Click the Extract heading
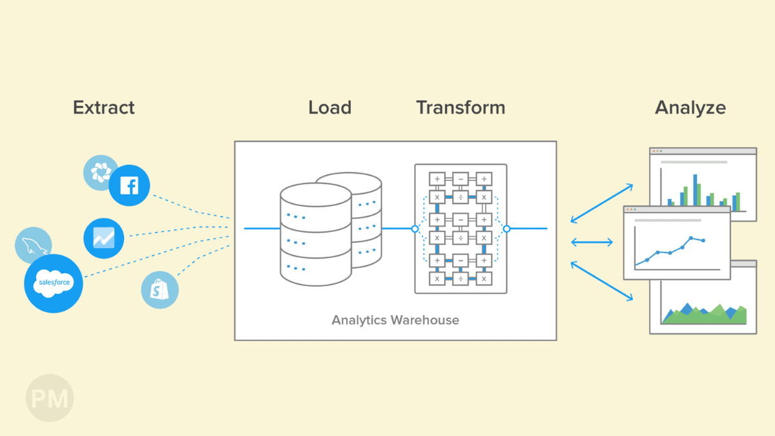[104, 107]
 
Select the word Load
[329, 107]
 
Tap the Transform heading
[460, 107]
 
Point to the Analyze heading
[690, 107]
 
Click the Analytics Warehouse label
[395, 320]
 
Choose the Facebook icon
[129, 185]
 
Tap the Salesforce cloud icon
[54, 283]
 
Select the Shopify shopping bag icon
[160, 289]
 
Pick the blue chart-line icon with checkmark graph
[103, 238]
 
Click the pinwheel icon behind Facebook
[100, 172]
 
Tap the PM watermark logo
[49, 398]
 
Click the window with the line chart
[676, 244]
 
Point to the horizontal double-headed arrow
[592, 242]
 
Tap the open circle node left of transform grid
[415, 229]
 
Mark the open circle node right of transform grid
[506, 229]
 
